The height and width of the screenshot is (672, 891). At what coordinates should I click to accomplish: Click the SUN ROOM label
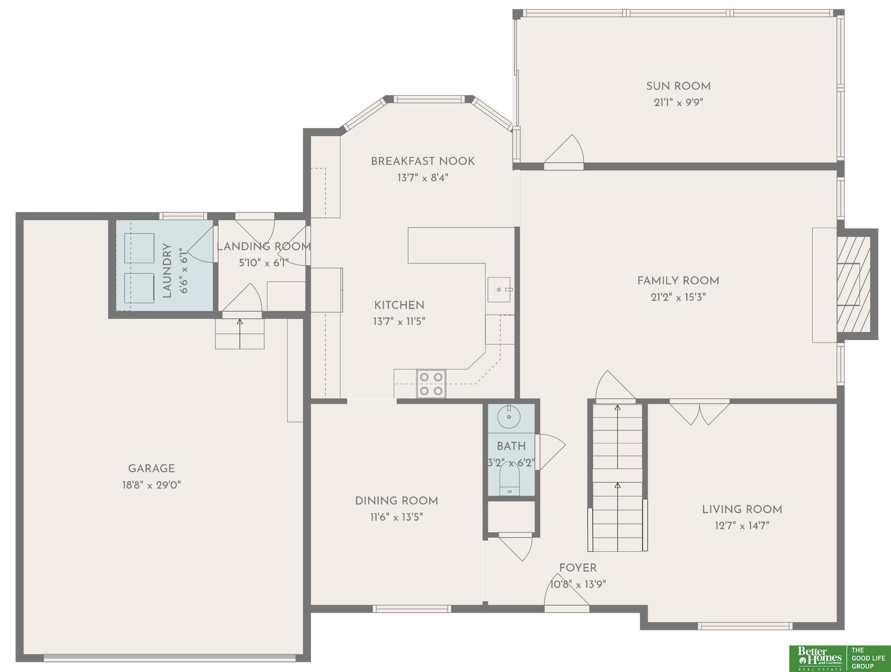(x=678, y=86)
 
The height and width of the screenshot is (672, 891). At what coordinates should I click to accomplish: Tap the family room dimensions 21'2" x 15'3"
(x=678, y=297)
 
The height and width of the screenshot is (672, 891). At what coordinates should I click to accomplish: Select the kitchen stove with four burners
(x=431, y=384)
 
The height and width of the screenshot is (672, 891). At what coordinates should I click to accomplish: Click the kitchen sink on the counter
(x=499, y=290)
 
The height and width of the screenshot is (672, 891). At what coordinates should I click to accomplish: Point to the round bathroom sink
(x=509, y=417)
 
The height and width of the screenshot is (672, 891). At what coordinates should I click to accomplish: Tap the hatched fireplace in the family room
(x=853, y=284)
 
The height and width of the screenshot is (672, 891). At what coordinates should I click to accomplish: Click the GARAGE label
(x=151, y=469)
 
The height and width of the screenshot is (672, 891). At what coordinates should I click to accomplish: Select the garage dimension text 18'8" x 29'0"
(x=151, y=485)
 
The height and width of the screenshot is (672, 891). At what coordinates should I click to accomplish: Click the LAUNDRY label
(x=167, y=271)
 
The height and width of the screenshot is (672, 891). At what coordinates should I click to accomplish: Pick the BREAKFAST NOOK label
(x=422, y=161)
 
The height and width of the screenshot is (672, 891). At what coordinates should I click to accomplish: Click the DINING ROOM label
(x=396, y=501)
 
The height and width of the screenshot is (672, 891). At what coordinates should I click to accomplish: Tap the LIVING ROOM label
(x=742, y=509)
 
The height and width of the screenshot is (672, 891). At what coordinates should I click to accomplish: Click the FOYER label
(x=578, y=568)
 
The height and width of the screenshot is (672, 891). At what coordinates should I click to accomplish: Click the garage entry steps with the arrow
(x=240, y=333)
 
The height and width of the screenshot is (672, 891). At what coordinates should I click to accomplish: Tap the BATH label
(x=511, y=447)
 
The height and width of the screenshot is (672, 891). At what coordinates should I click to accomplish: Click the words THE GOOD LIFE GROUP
(x=868, y=658)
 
